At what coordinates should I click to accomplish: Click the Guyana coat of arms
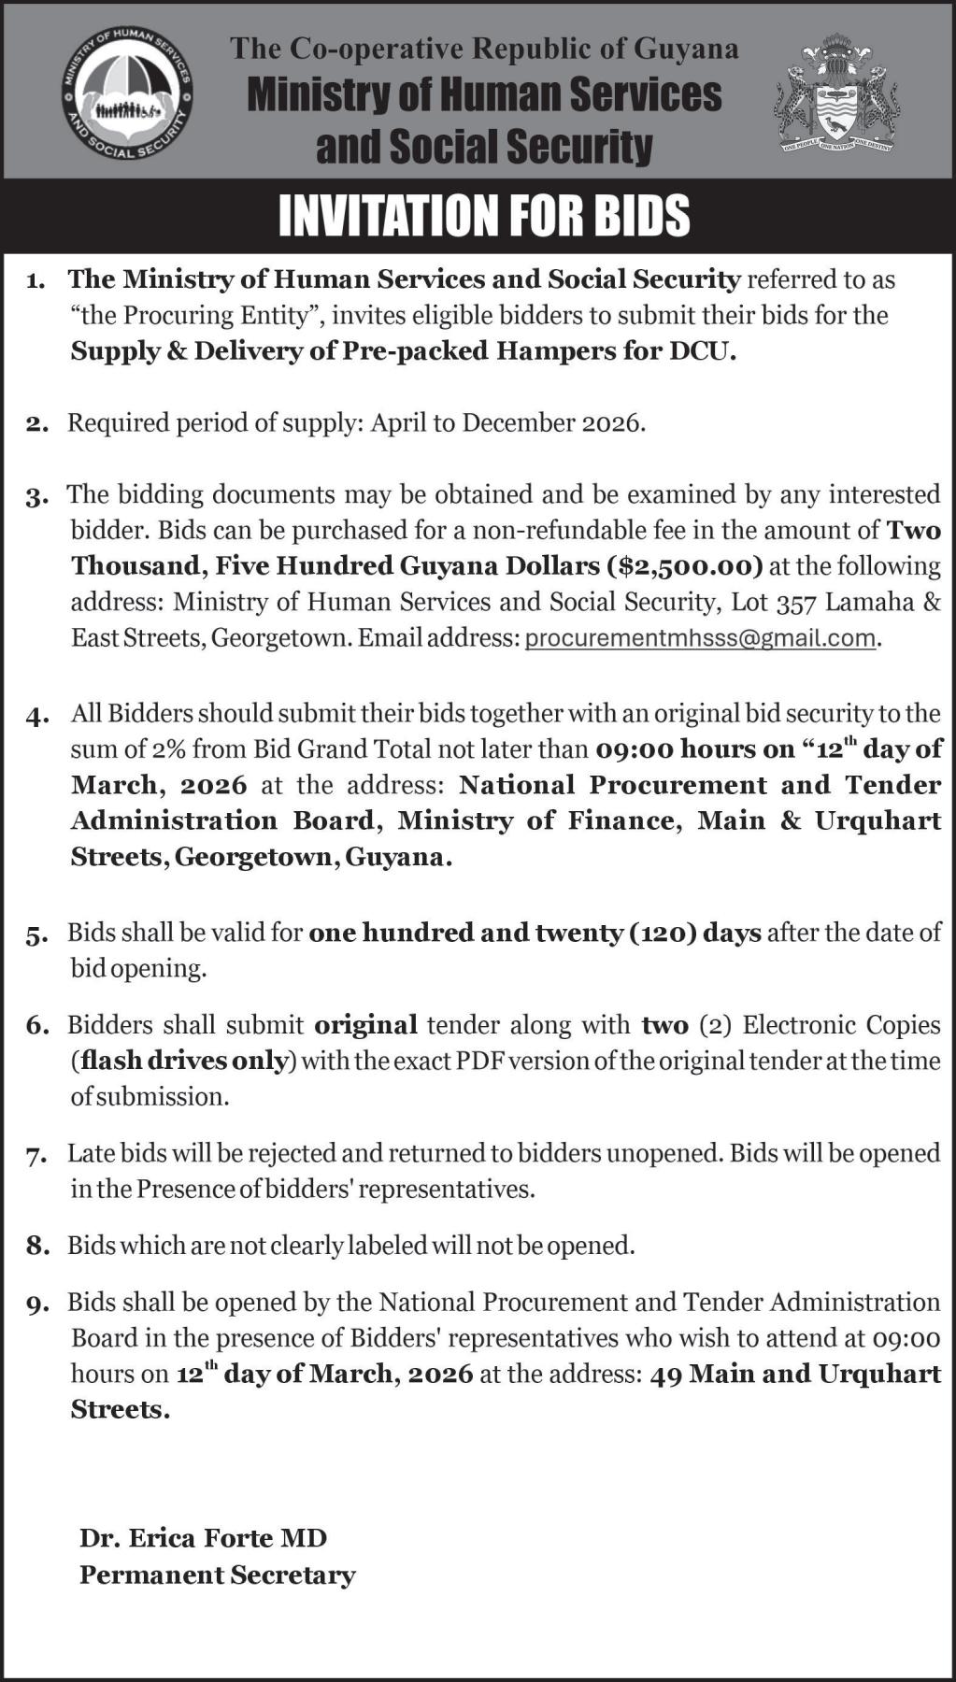(835, 95)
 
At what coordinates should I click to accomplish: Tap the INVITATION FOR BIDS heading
(484, 216)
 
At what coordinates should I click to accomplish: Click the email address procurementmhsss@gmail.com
(701, 638)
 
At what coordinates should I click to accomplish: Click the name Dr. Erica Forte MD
(203, 1538)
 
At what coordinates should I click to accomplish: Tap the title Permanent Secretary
(218, 1575)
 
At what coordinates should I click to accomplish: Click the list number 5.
(36, 934)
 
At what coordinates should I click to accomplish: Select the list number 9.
(36, 1304)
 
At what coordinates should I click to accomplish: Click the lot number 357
(796, 603)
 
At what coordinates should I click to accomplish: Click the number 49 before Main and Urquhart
(665, 1374)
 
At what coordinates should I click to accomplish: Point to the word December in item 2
(519, 423)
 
